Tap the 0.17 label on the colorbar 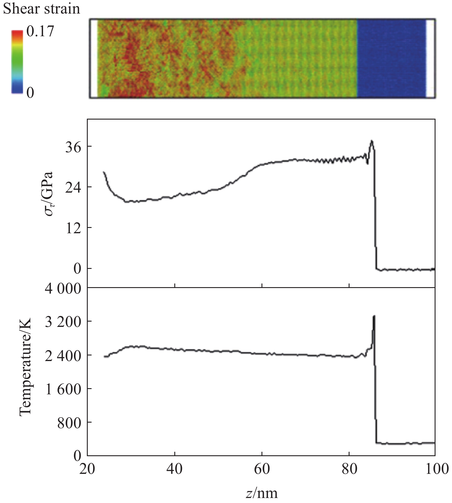(x=40, y=31)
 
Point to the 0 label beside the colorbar (x=30, y=92)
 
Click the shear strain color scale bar (x=17, y=62)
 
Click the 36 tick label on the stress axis (x=73, y=147)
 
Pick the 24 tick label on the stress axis (x=73, y=187)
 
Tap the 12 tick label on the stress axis (x=73, y=228)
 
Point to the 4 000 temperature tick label (x=63, y=289)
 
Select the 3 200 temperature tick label (x=63, y=322)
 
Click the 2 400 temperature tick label (x=63, y=355)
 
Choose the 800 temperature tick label (x=69, y=423)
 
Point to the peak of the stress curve (x=372, y=141)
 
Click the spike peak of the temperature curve (x=374, y=316)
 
